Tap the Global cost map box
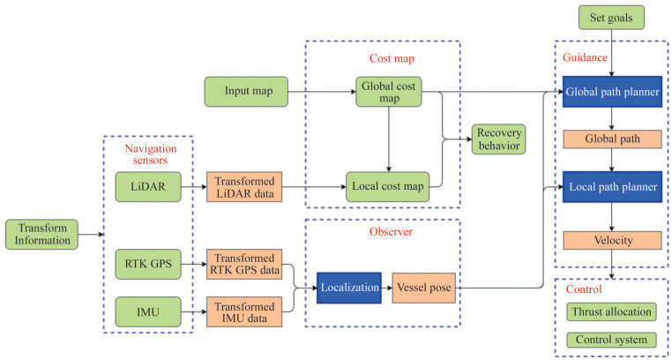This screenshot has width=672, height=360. [389, 91]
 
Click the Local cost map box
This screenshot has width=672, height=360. [389, 186]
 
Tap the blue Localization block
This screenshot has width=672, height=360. [349, 288]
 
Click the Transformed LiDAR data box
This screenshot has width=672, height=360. [244, 186]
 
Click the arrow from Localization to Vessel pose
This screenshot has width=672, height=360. [386, 288]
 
